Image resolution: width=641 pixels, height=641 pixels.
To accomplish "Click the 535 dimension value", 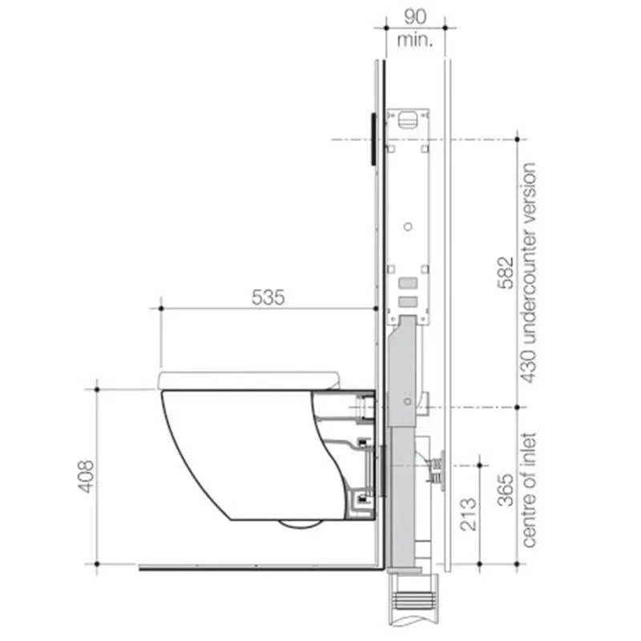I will tap(268, 297).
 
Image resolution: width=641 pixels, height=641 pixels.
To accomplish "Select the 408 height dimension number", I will tap(86, 476).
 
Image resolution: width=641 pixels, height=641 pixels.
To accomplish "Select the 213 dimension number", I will tap(469, 513).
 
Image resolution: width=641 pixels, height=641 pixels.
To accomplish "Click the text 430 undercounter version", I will tap(529, 272).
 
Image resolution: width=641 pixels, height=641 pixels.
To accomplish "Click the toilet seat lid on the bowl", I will tap(248, 380).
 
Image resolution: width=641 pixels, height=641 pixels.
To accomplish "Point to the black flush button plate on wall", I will tap(373, 139).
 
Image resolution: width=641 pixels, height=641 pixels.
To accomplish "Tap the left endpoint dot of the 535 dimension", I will tap(161, 308).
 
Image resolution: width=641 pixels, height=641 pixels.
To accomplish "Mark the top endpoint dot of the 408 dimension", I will tap(97, 389).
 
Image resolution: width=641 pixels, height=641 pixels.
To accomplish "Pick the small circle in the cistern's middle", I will tap(408, 227).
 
